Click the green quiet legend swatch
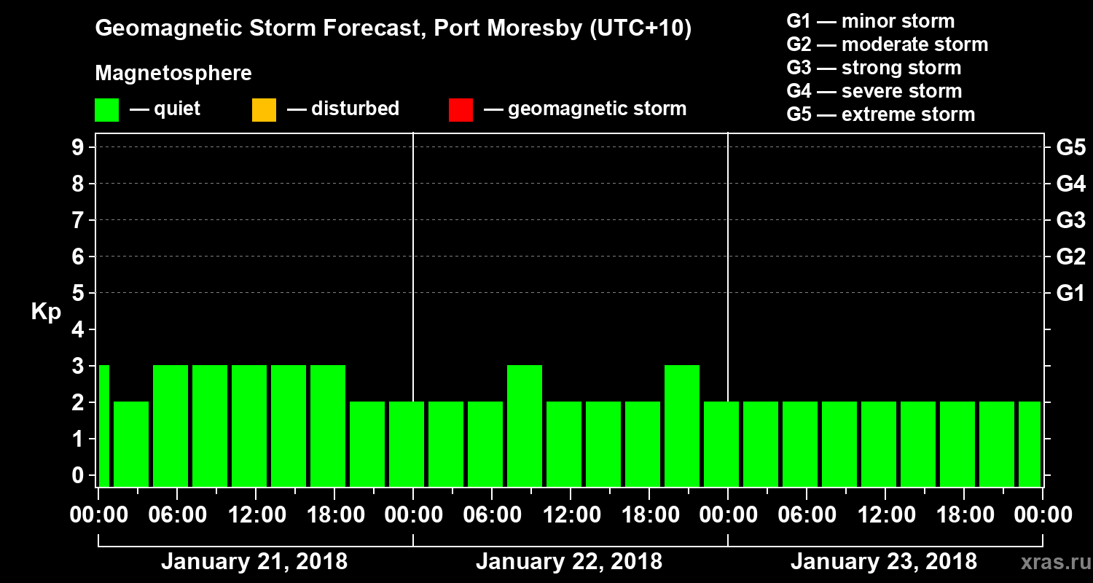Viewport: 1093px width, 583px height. [106, 110]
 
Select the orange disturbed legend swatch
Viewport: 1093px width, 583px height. [264, 110]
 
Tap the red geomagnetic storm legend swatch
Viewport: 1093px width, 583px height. [461, 110]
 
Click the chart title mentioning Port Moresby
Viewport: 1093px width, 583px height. [393, 29]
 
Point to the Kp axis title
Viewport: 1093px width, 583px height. [45, 312]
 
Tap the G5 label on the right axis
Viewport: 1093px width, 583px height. [1070, 148]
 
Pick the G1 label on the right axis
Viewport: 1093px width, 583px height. [1070, 294]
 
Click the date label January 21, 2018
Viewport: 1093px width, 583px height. [254, 562]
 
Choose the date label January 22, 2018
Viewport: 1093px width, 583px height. [568, 562]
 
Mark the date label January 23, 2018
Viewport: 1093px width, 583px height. [883, 562]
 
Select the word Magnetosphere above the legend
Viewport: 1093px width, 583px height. [173, 74]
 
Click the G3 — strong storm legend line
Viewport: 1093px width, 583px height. [874, 68]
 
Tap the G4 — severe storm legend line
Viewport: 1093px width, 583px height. [874, 91]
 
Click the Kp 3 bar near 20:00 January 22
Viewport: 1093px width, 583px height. [682, 426]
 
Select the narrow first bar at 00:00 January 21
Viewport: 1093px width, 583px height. [103, 426]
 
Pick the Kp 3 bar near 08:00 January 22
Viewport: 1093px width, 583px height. [525, 426]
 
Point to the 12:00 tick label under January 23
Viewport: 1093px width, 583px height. [884, 515]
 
